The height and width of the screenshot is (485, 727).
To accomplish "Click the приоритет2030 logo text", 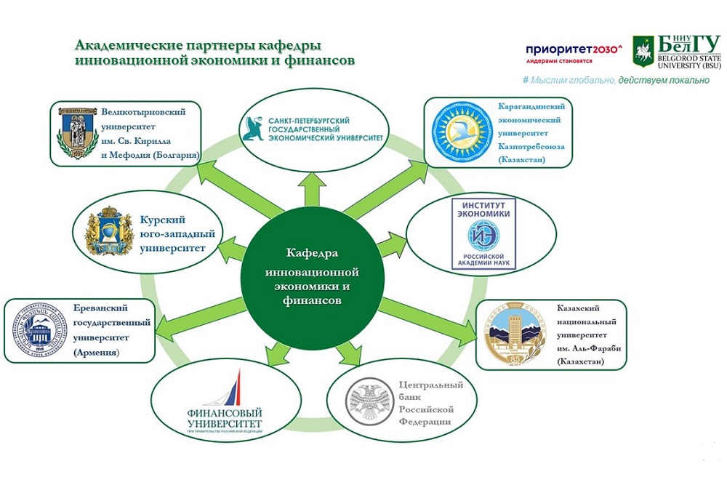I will click(x=574, y=48).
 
